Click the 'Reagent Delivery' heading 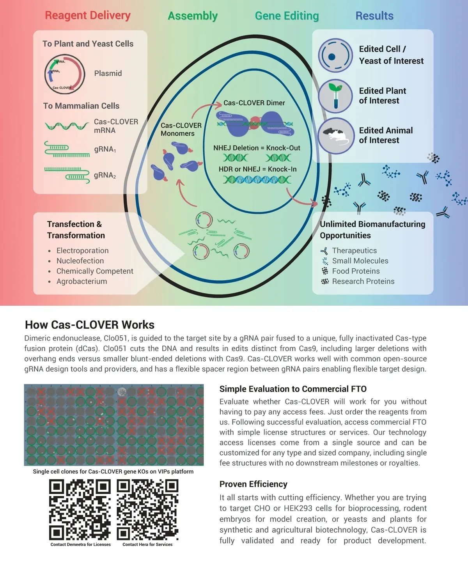pyautogui.click(x=88, y=16)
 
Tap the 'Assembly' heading pyautogui.click(x=193, y=16)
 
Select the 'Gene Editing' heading pyautogui.click(x=287, y=16)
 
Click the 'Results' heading pyautogui.click(x=374, y=16)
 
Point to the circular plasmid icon pyautogui.click(x=64, y=74)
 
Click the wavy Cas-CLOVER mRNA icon pyautogui.click(x=67, y=126)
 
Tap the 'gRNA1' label pyautogui.click(x=105, y=149)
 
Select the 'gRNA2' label pyautogui.click(x=105, y=175)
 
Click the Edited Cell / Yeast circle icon pyautogui.click(x=335, y=56)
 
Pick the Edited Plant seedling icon pyautogui.click(x=335, y=96)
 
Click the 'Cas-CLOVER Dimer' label pyautogui.click(x=254, y=103)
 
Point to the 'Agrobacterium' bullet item pyautogui.click(x=82, y=281)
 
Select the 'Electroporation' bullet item pyautogui.click(x=82, y=251)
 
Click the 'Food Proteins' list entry pyautogui.click(x=356, y=271)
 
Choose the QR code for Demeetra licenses pyautogui.click(x=80, y=510)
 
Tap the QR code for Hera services pyautogui.click(x=147, y=510)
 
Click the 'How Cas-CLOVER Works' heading pyautogui.click(x=90, y=325)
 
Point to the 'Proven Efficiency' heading pyautogui.click(x=253, y=484)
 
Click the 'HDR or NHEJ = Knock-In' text pyautogui.click(x=257, y=169)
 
